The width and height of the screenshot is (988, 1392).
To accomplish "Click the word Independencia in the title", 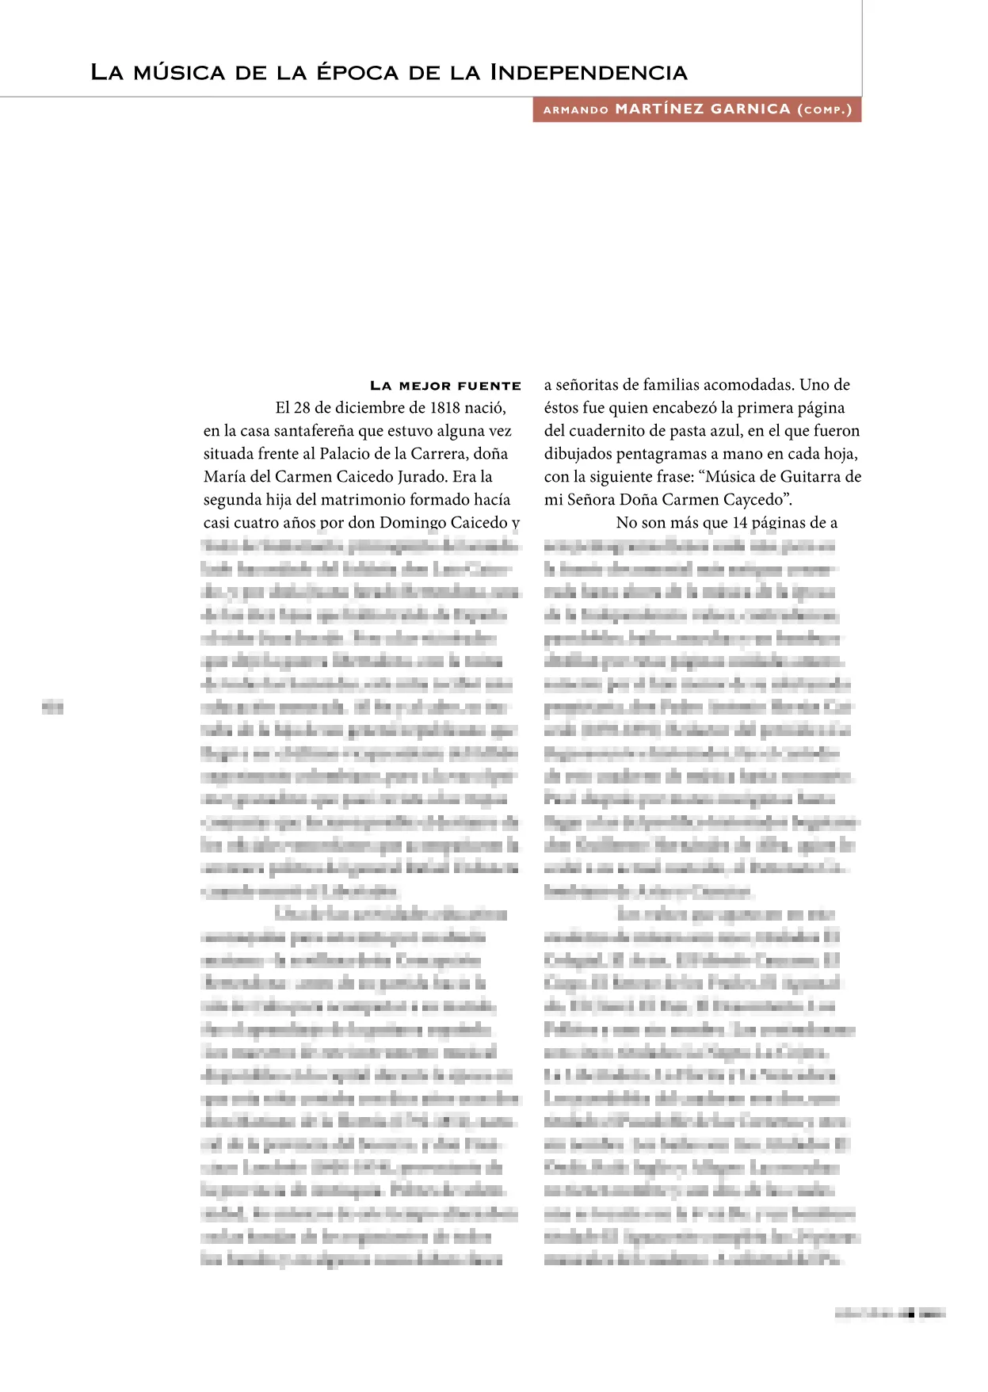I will [588, 73].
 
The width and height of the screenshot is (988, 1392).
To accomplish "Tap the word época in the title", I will [357, 73].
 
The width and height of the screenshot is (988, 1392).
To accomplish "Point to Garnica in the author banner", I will [750, 109].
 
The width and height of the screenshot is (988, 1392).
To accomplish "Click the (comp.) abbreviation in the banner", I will [825, 109].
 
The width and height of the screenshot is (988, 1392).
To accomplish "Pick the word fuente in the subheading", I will [489, 386].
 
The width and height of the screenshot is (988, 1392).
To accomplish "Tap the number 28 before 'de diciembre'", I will [302, 408].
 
